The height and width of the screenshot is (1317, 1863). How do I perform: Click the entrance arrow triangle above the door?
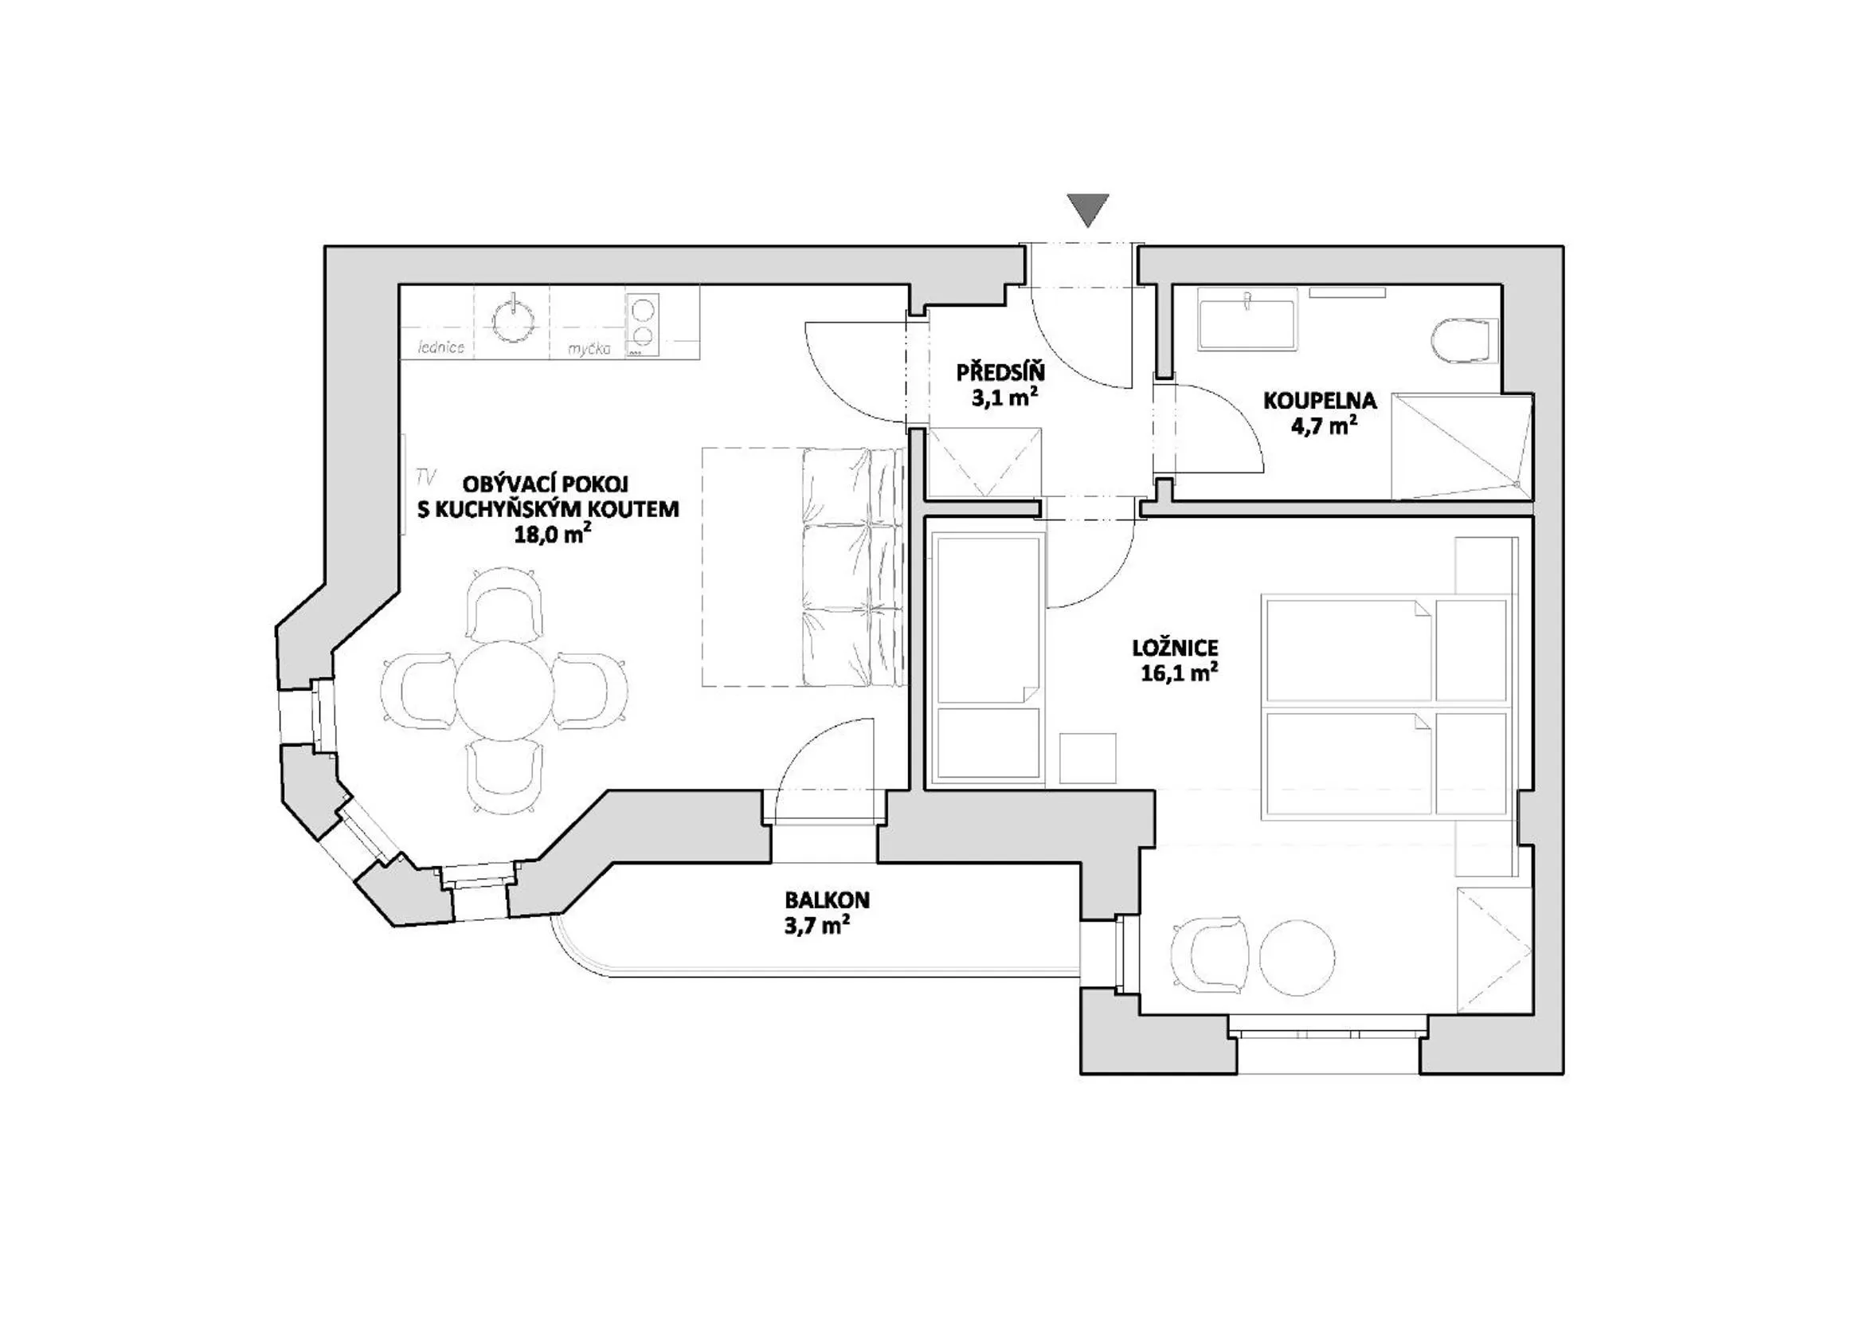pos(1087,210)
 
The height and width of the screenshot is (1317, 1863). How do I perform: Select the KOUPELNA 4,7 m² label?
pos(1319,412)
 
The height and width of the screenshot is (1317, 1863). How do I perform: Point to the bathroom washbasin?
pos(1247,323)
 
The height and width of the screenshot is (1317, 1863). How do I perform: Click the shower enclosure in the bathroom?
pos(1461,446)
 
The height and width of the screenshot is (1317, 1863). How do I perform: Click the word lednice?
pos(440,348)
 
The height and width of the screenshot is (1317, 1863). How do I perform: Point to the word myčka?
pos(589,349)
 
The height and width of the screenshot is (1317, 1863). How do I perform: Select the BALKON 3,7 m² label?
pos(826,912)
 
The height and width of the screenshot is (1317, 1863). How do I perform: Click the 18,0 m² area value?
pos(552,534)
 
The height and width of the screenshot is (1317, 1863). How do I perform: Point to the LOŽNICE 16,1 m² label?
pos(1175,659)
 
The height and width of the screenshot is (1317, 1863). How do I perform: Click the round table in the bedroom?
pos(1296,958)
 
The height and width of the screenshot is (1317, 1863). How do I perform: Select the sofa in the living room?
pos(852,568)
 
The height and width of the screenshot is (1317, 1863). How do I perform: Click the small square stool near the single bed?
pos(1087,758)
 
